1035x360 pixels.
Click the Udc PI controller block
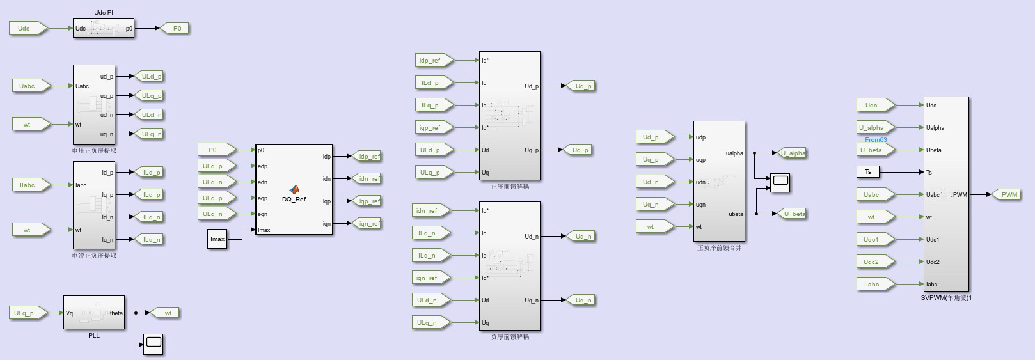pos(103,28)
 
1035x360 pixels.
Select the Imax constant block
pos(217,240)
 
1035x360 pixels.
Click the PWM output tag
pos(1009,194)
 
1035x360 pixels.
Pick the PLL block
pos(93,313)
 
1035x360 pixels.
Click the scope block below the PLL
pos(153,344)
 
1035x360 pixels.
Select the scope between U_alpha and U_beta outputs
pos(780,183)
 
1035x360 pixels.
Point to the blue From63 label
pos(876,140)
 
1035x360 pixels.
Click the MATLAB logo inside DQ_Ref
pos(294,190)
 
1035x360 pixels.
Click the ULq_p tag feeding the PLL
pos(28,313)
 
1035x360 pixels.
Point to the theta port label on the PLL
pos(116,313)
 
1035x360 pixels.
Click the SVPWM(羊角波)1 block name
pos(946,298)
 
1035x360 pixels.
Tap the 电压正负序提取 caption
pos(94,151)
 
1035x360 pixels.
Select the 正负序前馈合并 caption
pos(719,247)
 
